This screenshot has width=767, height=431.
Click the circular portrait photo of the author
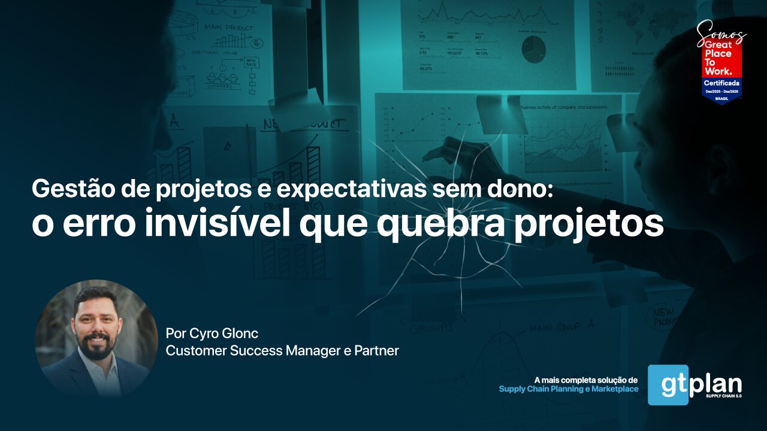tap(96, 338)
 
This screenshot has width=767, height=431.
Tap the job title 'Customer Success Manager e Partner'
tap(282, 351)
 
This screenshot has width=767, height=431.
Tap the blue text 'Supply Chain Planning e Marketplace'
tap(568, 389)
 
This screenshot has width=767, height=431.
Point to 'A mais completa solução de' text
tap(586, 380)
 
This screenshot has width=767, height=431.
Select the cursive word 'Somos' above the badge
tap(721, 32)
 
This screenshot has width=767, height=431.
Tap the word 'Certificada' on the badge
tap(721, 82)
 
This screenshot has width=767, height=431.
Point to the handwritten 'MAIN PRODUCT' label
tap(228, 27)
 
